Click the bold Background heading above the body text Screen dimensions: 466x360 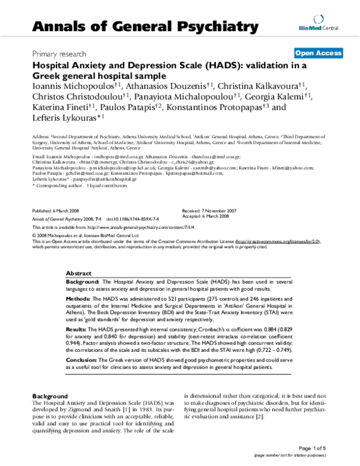(x=50, y=397)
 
